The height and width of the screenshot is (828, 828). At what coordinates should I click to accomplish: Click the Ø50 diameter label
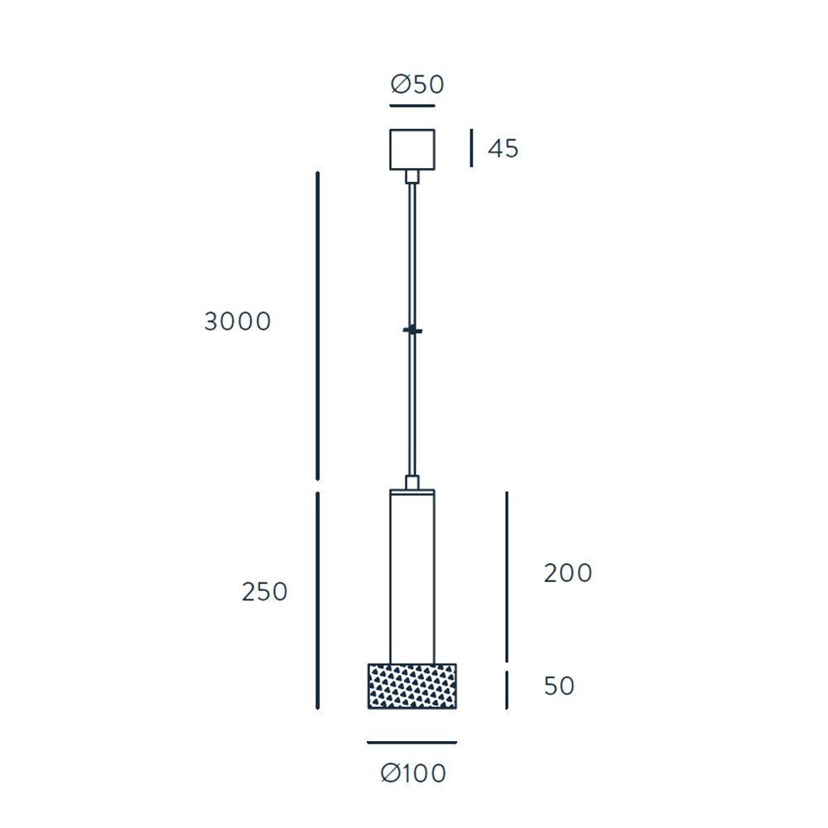point(417,84)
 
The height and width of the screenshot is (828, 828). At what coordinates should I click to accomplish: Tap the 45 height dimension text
point(503,148)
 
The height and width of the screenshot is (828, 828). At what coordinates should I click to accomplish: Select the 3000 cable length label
point(238,321)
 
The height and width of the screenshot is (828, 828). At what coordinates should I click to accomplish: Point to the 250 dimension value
point(265,591)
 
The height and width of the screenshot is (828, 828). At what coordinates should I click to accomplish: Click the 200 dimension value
point(568,573)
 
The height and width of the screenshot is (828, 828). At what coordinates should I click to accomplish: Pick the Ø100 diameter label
point(413,773)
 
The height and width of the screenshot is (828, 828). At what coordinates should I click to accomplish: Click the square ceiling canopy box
point(412,150)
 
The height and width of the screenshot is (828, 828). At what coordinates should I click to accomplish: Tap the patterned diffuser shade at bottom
point(412,686)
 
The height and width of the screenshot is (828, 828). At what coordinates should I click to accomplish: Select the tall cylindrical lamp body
point(412,576)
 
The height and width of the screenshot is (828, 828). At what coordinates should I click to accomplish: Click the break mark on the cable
point(412,330)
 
